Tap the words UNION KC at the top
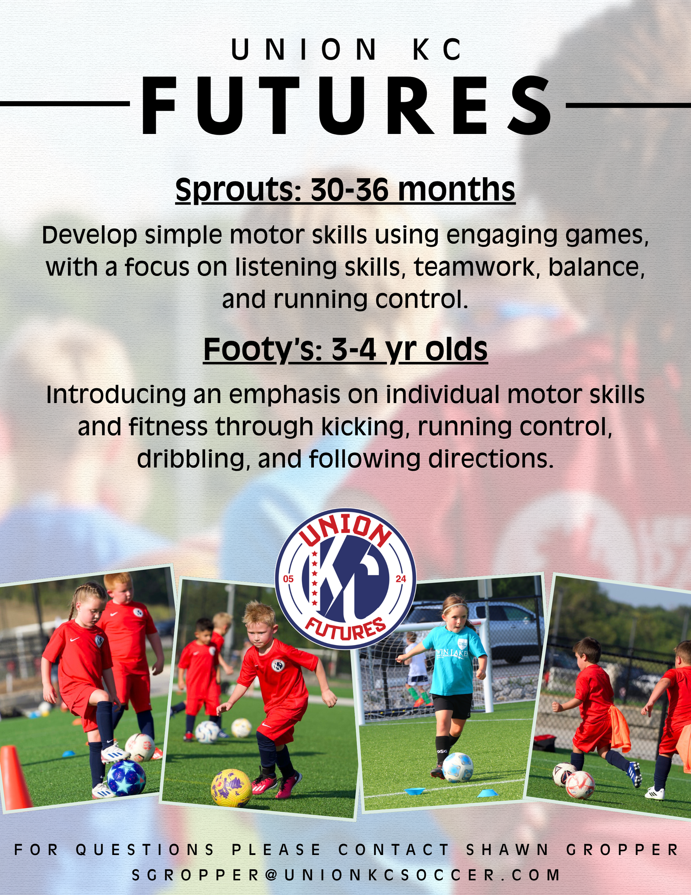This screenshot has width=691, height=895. point(347,50)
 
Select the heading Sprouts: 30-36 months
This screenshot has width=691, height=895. point(345,190)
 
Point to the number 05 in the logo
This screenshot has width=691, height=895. point(288,579)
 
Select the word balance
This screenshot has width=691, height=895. point(596,267)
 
